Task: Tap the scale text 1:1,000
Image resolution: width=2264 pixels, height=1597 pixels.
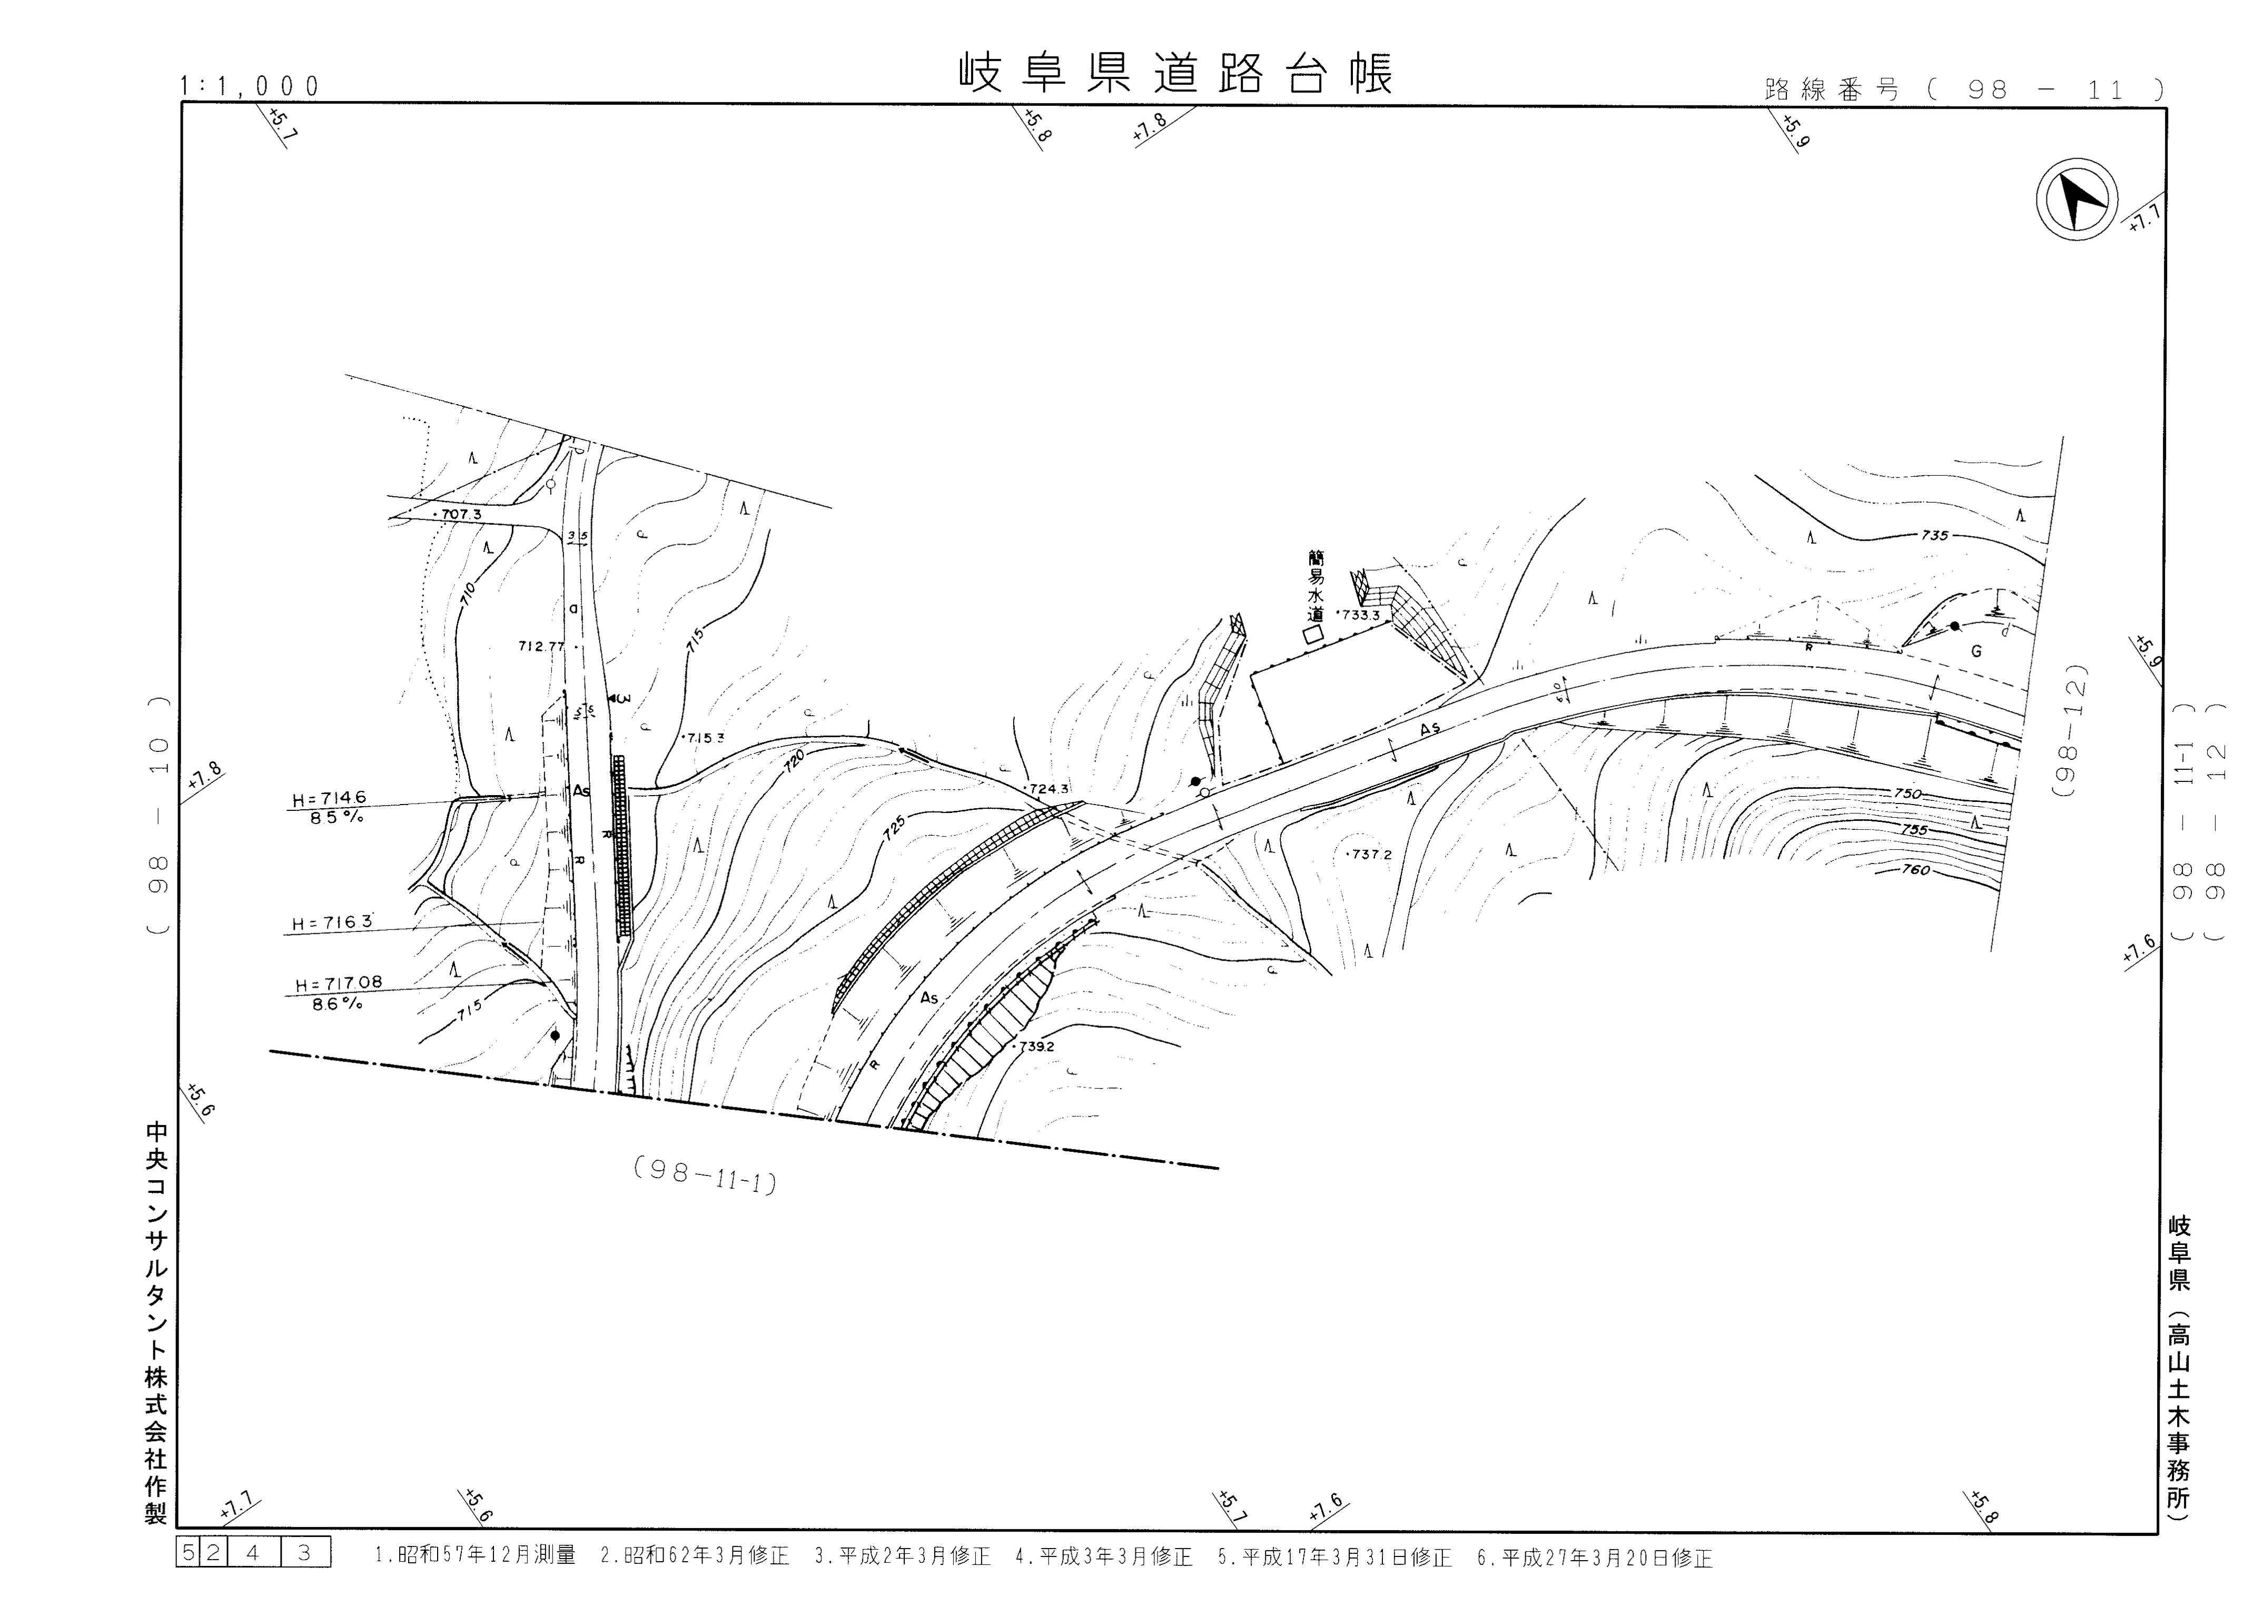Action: tap(251, 87)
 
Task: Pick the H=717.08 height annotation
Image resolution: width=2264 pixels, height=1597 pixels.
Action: tap(338, 984)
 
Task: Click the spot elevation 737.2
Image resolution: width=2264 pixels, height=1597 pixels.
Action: tap(1371, 854)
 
